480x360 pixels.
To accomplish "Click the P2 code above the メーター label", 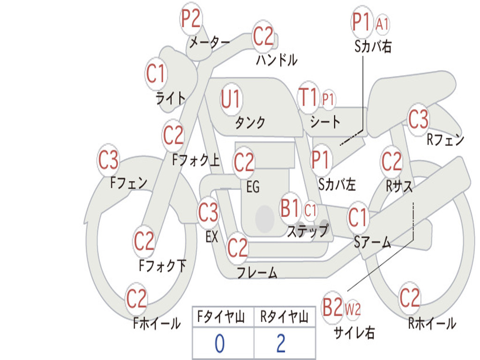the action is coord(191,19).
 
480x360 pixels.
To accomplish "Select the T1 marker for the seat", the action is coord(307,97).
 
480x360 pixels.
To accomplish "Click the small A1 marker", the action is coord(382,24).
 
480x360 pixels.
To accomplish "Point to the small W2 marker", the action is coord(352,309).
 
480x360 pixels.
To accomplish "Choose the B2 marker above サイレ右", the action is coord(332,307).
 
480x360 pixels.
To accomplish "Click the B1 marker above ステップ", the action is coord(290,209).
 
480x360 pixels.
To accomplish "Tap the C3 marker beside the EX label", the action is coord(208,212).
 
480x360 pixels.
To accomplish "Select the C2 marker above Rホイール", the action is coord(409,298).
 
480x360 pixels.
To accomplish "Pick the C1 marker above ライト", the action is coord(156,74).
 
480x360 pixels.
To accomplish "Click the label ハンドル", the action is coord(277,60).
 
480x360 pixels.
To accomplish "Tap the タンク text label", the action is coord(250,122).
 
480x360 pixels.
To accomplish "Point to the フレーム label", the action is coord(257,272).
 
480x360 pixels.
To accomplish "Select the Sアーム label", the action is coord(373,242).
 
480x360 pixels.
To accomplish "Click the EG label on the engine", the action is coord(253,187).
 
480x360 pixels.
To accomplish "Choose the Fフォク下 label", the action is coord(163,265).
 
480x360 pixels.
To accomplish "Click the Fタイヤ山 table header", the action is coord(221,316).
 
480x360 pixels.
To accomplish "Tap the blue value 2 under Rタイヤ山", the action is coord(281,344).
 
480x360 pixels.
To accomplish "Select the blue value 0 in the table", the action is coord(219,344).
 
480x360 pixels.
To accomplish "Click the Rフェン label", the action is coord(445,140).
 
